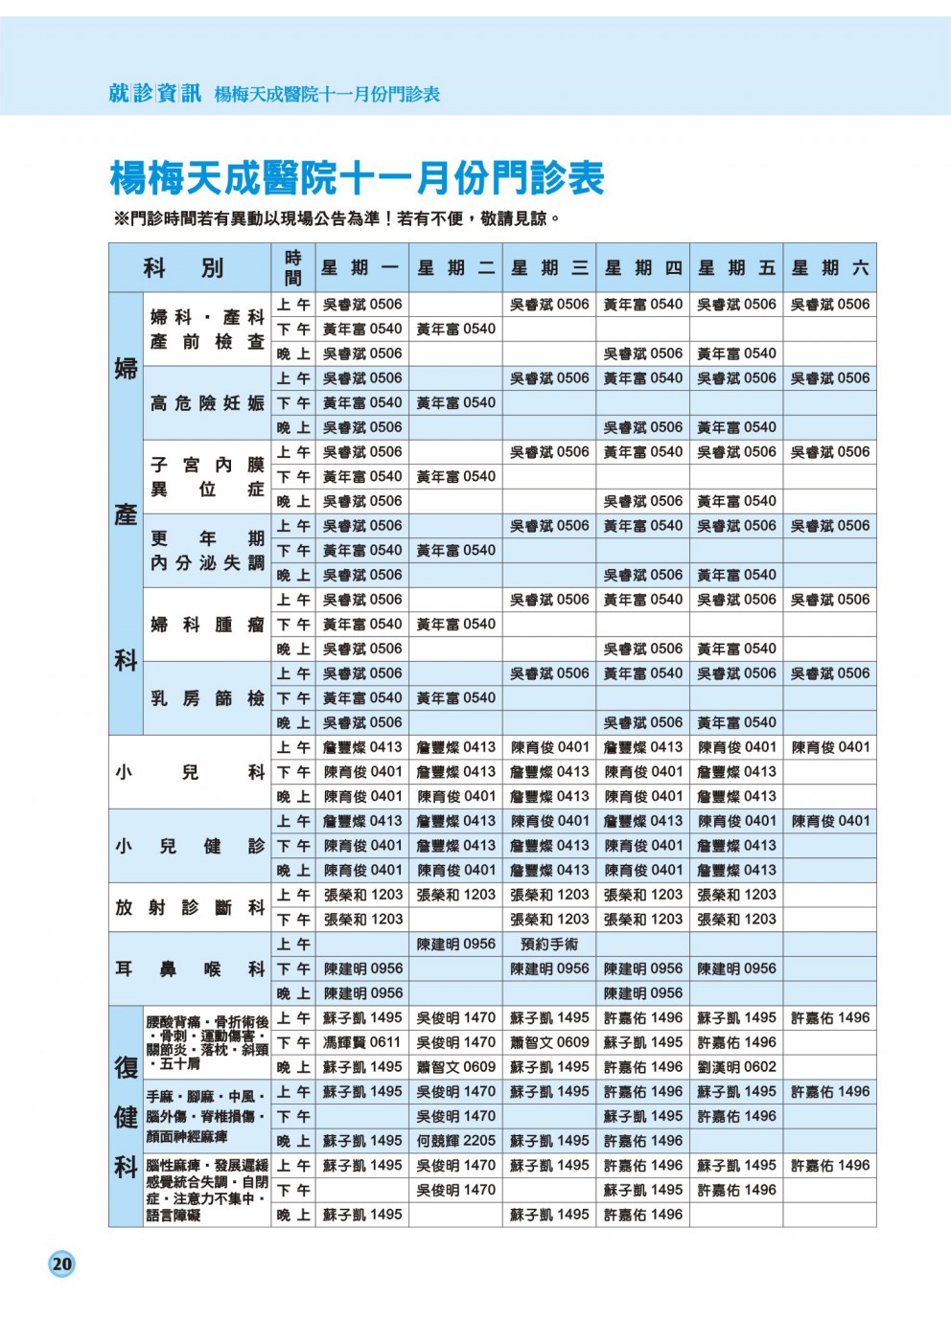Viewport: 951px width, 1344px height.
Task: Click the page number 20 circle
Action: click(x=61, y=1264)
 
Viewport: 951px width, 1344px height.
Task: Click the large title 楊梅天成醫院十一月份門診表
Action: click(x=357, y=178)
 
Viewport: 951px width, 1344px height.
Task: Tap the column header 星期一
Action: click(x=361, y=268)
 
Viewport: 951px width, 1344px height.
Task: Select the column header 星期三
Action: click(x=549, y=268)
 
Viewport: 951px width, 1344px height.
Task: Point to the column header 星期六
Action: click(x=830, y=268)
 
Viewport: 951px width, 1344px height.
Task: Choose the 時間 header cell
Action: click(x=292, y=268)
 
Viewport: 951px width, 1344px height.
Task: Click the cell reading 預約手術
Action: click(x=549, y=945)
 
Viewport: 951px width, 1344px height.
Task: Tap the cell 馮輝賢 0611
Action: click(x=361, y=1042)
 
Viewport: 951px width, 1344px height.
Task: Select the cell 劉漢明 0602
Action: click(x=736, y=1067)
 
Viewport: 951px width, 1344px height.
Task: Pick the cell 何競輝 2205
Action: click(x=455, y=1141)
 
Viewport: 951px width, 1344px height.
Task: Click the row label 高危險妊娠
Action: click(x=207, y=403)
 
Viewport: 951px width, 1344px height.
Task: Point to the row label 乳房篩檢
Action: click(x=207, y=698)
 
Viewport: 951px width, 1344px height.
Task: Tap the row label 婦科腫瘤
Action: click(x=207, y=625)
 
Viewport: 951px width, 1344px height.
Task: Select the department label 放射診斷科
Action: click(x=189, y=907)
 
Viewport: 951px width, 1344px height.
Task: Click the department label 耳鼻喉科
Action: click(x=189, y=968)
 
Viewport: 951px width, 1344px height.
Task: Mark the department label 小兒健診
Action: click(x=189, y=846)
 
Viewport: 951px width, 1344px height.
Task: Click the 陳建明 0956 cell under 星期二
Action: click(x=455, y=945)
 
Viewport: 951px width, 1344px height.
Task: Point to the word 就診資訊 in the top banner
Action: click(x=154, y=93)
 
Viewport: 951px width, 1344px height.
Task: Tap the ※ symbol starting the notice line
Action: click(x=121, y=219)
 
